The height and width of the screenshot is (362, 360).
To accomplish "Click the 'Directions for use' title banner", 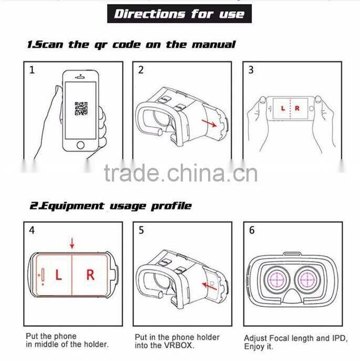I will (x=180, y=13).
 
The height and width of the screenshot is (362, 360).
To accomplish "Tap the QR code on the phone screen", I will (x=81, y=108).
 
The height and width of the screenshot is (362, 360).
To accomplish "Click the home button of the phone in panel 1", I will (x=80, y=144).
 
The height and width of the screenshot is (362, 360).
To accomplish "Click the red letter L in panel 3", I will (x=283, y=108).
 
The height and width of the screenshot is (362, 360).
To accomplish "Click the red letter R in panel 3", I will (x=297, y=108).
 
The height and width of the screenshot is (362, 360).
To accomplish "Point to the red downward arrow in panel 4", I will (x=72, y=244).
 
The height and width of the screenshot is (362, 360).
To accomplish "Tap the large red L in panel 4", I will (x=58, y=275).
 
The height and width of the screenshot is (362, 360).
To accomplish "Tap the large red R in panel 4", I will (x=90, y=275).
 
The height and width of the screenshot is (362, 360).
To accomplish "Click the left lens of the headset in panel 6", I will (x=275, y=280).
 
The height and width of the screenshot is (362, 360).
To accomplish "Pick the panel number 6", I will (x=251, y=230).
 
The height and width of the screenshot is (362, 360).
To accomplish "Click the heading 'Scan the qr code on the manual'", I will (x=131, y=45).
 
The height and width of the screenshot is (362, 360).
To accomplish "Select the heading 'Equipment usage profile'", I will (x=110, y=206).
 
